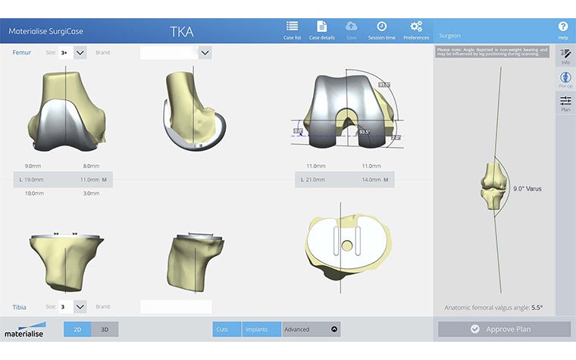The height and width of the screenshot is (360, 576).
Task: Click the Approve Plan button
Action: [x=504, y=329]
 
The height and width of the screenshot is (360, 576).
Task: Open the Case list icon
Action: [x=292, y=27]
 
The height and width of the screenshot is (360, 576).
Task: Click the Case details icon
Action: [x=321, y=27]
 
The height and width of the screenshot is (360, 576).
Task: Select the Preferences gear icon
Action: [x=416, y=27]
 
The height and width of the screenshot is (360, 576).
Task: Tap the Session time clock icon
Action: [x=382, y=27]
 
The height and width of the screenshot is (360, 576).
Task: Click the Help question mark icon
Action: [x=563, y=27]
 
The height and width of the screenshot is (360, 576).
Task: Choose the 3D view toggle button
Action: [x=105, y=329]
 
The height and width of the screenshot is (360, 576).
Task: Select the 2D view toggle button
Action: [x=77, y=329]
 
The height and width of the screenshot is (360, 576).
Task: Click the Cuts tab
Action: [x=222, y=329]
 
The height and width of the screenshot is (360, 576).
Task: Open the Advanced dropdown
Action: [x=311, y=329]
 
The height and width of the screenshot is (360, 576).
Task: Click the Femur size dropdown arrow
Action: [x=80, y=52]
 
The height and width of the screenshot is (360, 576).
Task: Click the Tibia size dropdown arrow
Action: [x=80, y=307]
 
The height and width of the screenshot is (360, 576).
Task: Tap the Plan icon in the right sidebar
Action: [x=565, y=104]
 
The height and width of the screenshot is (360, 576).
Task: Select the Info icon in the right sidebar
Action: [x=565, y=56]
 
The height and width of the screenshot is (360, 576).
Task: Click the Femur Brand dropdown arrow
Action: [x=205, y=52]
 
